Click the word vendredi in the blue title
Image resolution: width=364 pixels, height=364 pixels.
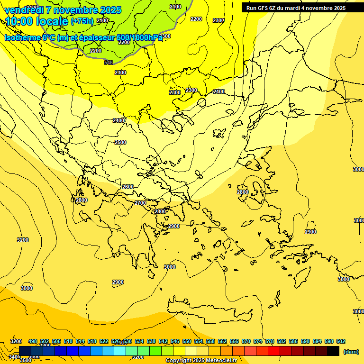pyautogui.click(x=24, y=10)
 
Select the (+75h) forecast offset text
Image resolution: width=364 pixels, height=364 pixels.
pyautogui.click(x=82, y=21)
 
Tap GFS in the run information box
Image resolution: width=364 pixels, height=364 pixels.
pyautogui.click(x=263, y=8)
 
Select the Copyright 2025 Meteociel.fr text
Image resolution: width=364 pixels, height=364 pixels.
pyautogui.click(x=201, y=361)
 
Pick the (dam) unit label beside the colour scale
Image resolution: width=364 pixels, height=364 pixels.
pyautogui.click(x=351, y=351)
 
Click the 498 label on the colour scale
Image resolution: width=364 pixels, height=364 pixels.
pyautogui.click(x=33, y=341)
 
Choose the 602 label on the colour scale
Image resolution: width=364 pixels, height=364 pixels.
pyautogui.click(x=341, y=341)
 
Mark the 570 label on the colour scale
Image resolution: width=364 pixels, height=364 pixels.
pyautogui.click(x=246, y=341)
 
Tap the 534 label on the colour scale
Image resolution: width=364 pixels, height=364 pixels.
pyautogui.click(x=139, y=341)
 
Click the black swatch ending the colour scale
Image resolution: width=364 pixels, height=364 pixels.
pyautogui.click(x=333, y=351)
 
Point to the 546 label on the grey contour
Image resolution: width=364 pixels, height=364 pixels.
pyautogui.click(x=109, y=63)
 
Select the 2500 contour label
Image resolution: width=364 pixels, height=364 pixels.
pyautogui.click(x=120, y=142)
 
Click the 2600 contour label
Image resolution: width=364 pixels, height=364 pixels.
pyautogui.click(x=128, y=187)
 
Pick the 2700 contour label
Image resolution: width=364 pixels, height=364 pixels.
pyautogui.click(x=140, y=203)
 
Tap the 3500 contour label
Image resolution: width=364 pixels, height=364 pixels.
pyautogui.click(x=26, y=360)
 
